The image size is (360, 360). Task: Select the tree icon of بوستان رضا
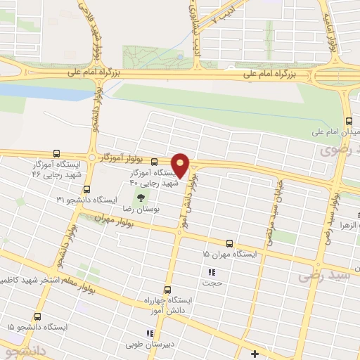(x=139, y=198)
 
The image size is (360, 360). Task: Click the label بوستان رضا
(x=138, y=210)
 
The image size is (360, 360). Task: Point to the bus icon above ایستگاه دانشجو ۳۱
(x=86, y=189)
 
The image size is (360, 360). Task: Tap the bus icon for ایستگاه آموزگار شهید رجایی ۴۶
(x=56, y=154)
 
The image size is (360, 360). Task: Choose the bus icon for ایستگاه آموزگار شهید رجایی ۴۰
(x=153, y=162)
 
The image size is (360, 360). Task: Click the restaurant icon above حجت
(x=210, y=272)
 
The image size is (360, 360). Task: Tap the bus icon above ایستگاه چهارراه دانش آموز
(x=167, y=289)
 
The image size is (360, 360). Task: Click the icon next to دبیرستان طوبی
(x=148, y=334)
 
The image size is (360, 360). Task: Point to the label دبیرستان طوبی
(x=176, y=335)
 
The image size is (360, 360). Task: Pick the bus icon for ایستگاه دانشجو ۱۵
(x=37, y=317)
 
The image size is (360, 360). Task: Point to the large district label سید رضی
(x=329, y=275)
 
